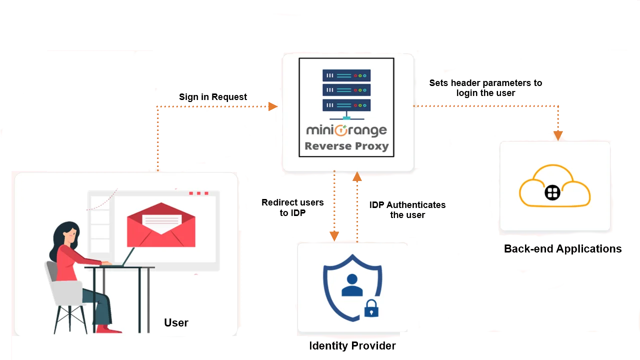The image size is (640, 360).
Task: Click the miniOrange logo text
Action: pyautogui.click(x=346, y=130)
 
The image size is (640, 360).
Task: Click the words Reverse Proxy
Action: pyautogui.click(x=346, y=146)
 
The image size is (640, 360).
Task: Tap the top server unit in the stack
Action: pyautogui.click(x=346, y=75)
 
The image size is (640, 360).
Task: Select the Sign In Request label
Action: pyautogui.click(x=214, y=96)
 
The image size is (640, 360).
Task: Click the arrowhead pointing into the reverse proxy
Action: pyautogui.click(x=272, y=106)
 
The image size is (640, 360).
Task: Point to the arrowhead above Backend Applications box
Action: pyautogui.click(x=558, y=135)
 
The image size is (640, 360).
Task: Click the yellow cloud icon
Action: pyautogui.click(x=555, y=187)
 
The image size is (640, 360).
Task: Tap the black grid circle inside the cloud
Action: pyautogui.click(x=552, y=193)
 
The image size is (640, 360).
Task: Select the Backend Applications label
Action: pyautogui.click(x=563, y=249)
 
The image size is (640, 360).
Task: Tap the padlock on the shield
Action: pyautogui.click(x=371, y=309)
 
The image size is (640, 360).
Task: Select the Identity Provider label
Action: pyautogui.click(x=352, y=345)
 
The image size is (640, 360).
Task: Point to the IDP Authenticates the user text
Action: pyautogui.click(x=407, y=210)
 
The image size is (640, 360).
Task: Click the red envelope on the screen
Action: pyautogui.click(x=161, y=225)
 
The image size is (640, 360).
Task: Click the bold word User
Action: pyautogui.click(x=176, y=323)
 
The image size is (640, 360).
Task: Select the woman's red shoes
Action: pyautogui.click(x=108, y=329)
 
